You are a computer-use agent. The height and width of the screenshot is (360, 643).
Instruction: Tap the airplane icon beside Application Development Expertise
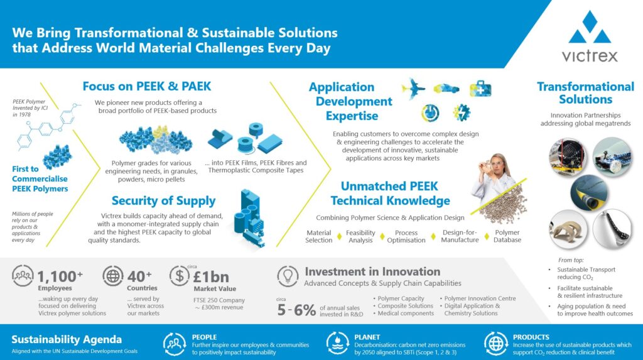coord(413,88)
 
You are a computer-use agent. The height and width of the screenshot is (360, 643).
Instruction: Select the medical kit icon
coord(480,88)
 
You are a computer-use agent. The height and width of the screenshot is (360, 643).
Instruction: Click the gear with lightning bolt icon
coord(462,112)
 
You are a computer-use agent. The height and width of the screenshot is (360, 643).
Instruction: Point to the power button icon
coord(430,113)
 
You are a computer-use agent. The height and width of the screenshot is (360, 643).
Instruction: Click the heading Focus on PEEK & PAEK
coord(147,86)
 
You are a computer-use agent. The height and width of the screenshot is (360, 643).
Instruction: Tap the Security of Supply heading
coord(164,200)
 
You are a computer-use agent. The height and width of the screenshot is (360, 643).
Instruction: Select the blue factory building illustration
coord(249,219)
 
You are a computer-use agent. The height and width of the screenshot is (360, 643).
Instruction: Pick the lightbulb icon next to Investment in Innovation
coord(288,276)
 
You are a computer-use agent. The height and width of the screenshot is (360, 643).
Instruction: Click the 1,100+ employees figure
coord(60,276)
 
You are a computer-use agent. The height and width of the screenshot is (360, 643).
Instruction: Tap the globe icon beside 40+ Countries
coord(113,275)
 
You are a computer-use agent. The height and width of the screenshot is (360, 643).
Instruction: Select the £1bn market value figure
coord(211,277)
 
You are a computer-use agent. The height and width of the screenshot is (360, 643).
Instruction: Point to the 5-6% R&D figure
coord(296,310)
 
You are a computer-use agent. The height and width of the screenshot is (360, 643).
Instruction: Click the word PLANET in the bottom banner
coord(367,337)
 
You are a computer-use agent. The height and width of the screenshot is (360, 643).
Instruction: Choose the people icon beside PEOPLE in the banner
coord(175,344)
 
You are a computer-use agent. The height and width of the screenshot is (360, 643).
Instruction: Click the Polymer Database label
coord(507,236)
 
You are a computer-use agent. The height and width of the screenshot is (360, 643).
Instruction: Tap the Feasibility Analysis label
coord(360,236)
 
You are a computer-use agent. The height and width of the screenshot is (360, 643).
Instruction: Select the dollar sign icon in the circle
coord(179,275)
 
